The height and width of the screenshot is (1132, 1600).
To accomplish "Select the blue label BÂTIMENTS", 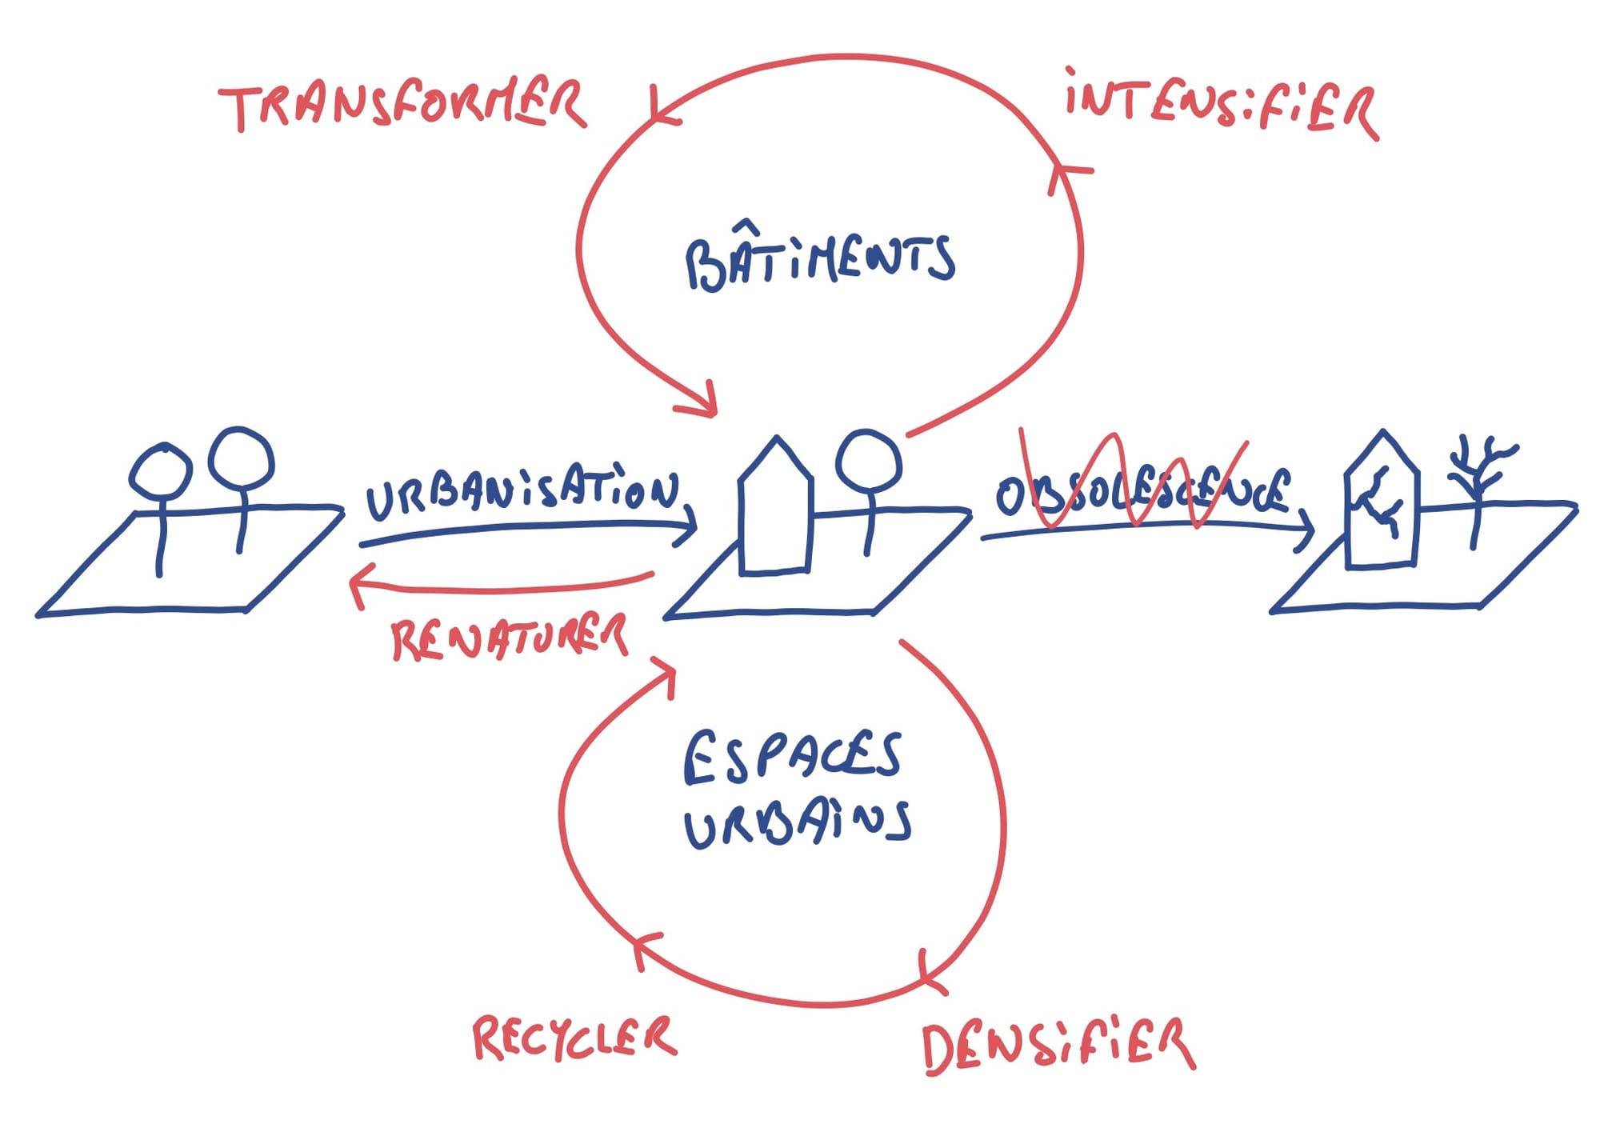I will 820,261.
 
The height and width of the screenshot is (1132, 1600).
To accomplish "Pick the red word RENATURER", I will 509,638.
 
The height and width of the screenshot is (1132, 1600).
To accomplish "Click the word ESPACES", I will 793,757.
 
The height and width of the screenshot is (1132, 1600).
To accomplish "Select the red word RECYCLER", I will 574,1038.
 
